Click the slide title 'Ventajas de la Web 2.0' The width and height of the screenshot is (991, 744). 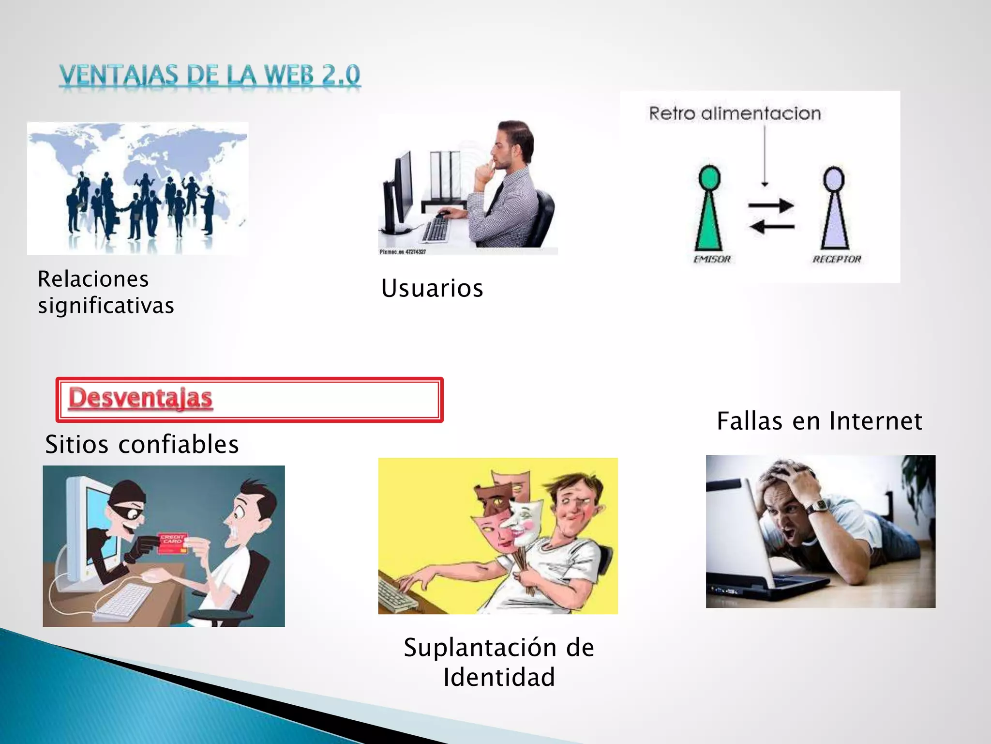(210, 76)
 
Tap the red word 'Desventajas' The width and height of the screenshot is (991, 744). (140, 398)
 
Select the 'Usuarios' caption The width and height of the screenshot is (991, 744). (432, 288)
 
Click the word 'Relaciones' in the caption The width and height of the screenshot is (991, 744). (93, 279)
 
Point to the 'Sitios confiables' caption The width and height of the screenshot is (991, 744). (142, 444)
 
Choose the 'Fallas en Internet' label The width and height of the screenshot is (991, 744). (819, 420)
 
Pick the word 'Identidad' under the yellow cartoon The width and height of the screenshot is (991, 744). (499, 677)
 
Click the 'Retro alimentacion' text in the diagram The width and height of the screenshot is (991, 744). (735, 113)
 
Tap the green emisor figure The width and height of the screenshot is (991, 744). (709, 208)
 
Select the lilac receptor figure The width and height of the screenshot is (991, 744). (835, 208)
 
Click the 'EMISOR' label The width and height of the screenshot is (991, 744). (712, 259)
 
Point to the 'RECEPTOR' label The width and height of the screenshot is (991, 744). (837, 259)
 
